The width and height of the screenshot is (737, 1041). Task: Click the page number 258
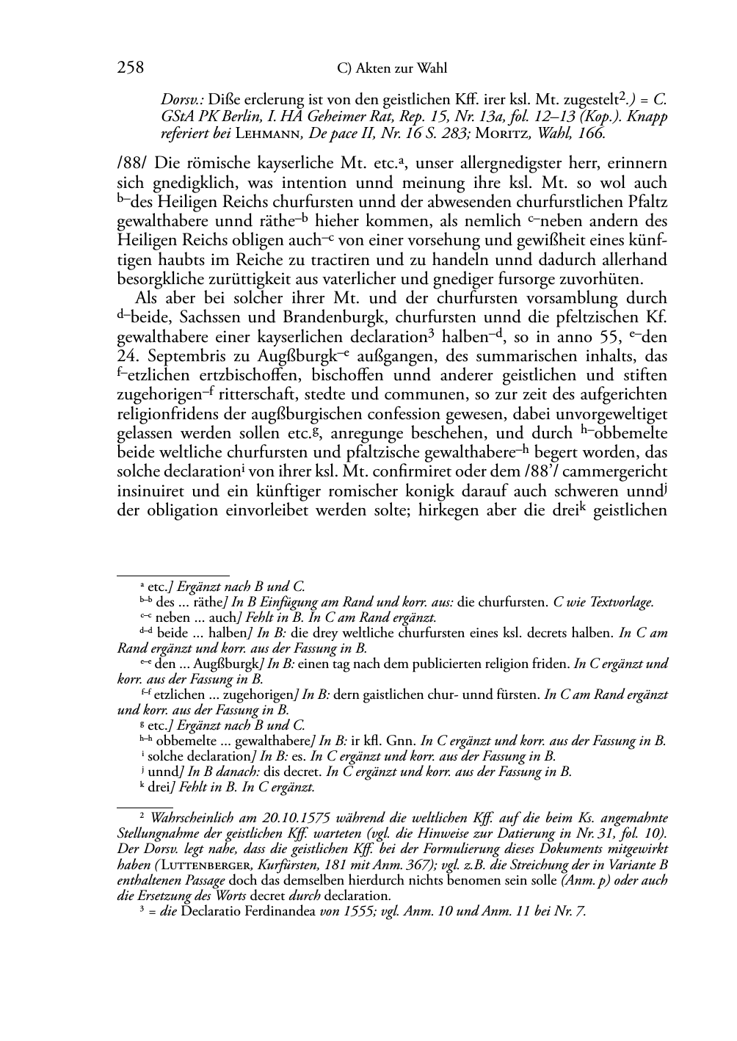pyautogui.click(x=130, y=68)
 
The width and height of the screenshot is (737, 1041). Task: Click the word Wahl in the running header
pyautogui.click(x=431, y=69)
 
